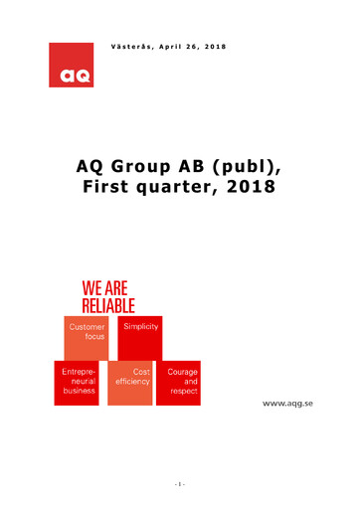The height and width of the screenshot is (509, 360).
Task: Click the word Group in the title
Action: [148, 166]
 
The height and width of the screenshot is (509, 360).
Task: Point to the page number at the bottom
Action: [179, 484]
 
